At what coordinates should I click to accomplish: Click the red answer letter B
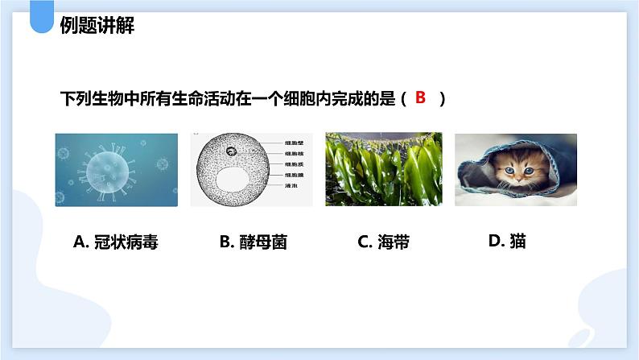(x=419, y=98)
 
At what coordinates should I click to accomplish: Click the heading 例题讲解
(x=97, y=27)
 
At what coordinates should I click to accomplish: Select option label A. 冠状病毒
(x=115, y=242)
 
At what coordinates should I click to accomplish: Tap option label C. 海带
(x=384, y=242)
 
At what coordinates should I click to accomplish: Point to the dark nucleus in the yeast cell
(x=231, y=151)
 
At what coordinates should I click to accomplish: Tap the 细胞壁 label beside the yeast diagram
(x=295, y=143)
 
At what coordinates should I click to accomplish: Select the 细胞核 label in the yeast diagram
(x=295, y=153)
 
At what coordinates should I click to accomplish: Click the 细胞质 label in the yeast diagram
(x=295, y=163)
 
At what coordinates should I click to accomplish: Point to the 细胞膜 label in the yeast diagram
(x=295, y=174)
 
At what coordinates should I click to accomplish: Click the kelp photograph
(x=384, y=169)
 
